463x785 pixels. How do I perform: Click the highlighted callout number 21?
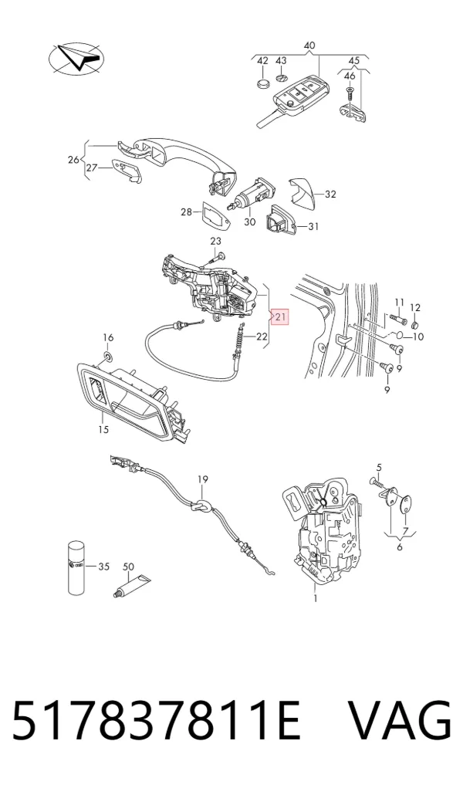click(x=280, y=316)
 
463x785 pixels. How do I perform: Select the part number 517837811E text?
click(x=156, y=720)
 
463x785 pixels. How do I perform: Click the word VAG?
click(x=399, y=720)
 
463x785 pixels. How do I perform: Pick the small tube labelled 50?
click(x=131, y=586)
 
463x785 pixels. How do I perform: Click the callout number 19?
click(x=202, y=479)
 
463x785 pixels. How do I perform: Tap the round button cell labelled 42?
click(x=263, y=82)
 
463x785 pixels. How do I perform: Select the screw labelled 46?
click(x=350, y=93)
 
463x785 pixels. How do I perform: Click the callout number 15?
click(x=103, y=429)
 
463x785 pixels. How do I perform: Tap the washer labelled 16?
click(x=107, y=356)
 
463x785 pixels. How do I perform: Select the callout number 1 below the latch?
click(x=316, y=597)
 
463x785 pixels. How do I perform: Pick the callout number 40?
click(x=309, y=46)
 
